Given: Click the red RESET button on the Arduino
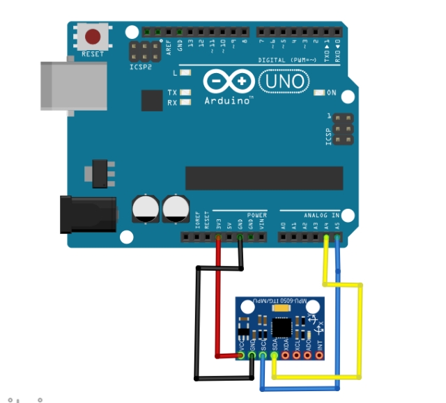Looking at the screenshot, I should click(x=93, y=36).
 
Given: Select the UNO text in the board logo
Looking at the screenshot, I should click(x=285, y=82).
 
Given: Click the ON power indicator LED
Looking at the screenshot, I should click(x=320, y=93).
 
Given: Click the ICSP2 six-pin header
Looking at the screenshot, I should click(x=143, y=51).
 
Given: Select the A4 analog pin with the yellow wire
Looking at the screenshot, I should click(x=326, y=237).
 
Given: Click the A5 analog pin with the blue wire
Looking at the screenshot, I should click(x=337, y=237).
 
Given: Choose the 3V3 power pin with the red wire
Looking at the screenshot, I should click(x=219, y=237).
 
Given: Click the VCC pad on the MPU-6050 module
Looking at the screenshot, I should click(x=241, y=356).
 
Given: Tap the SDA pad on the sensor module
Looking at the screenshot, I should click(x=275, y=356).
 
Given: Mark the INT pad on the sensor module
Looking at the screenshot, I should click(x=319, y=356).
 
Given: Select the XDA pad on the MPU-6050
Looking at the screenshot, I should click(x=286, y=356).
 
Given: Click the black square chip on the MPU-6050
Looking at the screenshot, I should click(x=282, y=327).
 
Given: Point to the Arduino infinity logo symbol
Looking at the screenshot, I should click(x=228, y=81).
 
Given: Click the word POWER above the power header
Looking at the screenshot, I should click(x=256, y=215).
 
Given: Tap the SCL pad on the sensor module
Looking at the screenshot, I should click(x=263, y=356).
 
